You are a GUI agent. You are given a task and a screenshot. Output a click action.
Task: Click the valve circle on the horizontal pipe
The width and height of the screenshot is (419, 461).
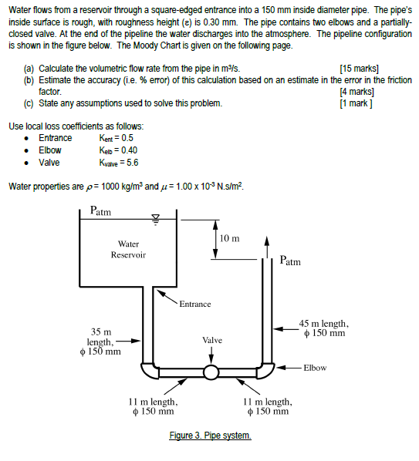coord(211,372)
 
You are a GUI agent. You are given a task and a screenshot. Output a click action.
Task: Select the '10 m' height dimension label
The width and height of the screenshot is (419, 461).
coord(229,238)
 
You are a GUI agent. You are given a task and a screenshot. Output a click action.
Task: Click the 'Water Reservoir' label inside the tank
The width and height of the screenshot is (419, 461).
coord(128,249)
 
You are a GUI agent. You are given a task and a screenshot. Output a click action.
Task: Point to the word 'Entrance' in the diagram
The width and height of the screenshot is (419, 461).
coord(195,304)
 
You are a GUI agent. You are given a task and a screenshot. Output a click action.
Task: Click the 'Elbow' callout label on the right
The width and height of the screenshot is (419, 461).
coord(315,368)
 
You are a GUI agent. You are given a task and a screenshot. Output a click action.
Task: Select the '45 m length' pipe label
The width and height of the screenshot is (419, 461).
coord(324,324)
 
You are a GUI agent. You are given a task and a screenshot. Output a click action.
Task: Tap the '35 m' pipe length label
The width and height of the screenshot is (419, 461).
coord(101,332)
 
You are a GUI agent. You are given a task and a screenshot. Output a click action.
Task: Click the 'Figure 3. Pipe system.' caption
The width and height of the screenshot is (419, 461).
coord(210,435)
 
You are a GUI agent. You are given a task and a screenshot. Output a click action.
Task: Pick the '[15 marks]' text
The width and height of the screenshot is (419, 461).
coord(359,69)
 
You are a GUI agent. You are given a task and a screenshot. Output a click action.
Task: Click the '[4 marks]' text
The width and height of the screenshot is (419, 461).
coord(356,92)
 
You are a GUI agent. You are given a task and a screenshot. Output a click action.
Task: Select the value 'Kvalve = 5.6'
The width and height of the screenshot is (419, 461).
coord(119,163)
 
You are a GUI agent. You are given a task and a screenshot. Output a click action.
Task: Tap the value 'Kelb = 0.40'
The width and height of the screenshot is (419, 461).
coord(118,150)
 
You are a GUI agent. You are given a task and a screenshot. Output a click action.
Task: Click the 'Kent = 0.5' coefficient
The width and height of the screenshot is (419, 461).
coord(116,138)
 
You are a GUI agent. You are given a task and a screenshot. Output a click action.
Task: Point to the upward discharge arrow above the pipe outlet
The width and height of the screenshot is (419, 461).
coord(266,247)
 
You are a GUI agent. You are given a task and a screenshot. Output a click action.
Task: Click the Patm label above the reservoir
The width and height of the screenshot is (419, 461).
coord(100,210)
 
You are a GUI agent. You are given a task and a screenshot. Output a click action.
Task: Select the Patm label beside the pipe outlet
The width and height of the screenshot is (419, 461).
coord(290,261)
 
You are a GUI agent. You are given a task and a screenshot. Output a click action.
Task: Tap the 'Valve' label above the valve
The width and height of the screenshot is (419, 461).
coord(212,340)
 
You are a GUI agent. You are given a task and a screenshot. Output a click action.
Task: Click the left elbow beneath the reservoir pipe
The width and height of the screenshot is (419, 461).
coord(150,371)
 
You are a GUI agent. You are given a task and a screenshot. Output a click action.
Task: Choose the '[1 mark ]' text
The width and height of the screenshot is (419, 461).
coord(356,103)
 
